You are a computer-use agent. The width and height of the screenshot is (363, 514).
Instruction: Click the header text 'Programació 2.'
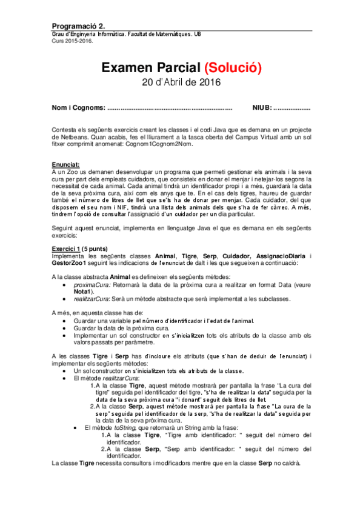pyautogui.click(x=79, y=26)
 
